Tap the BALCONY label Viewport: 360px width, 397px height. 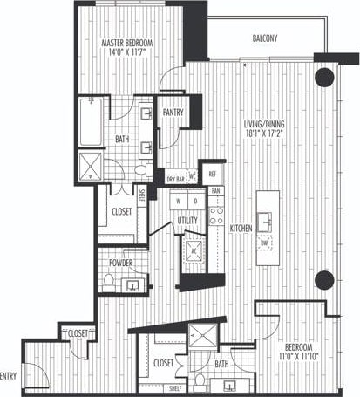265,38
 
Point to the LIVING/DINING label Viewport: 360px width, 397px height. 268,126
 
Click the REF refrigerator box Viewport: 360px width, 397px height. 213,174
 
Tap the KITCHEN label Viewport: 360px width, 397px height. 241,229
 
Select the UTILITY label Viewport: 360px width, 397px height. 187,220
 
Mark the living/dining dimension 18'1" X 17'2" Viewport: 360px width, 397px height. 268,136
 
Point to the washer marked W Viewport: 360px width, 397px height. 180,201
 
